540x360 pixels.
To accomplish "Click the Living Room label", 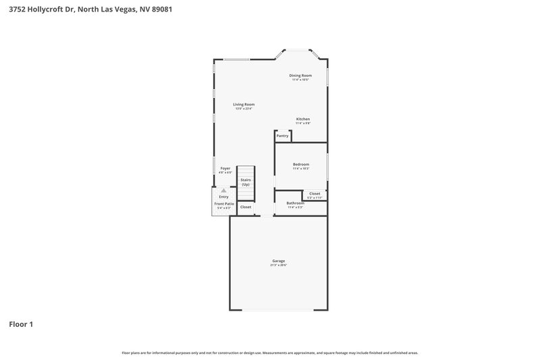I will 244,105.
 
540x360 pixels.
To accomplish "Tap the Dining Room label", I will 300,76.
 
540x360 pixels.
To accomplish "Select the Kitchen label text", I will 302,119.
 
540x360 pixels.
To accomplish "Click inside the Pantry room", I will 282,136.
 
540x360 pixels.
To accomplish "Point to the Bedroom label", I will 300,164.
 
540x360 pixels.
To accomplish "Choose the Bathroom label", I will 295,203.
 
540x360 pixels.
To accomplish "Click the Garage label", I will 279,261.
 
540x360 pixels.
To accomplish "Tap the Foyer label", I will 225,168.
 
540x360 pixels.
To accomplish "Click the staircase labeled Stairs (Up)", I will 246,182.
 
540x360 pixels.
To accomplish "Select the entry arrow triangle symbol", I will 223,190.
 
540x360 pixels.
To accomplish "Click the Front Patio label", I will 223,203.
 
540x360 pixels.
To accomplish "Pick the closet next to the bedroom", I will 315,194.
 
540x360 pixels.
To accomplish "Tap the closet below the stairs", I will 246,207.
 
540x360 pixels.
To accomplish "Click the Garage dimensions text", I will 279,265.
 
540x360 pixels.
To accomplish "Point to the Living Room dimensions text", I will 244,109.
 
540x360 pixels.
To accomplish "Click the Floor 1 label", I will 21,324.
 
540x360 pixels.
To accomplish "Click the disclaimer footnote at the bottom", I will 270,353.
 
